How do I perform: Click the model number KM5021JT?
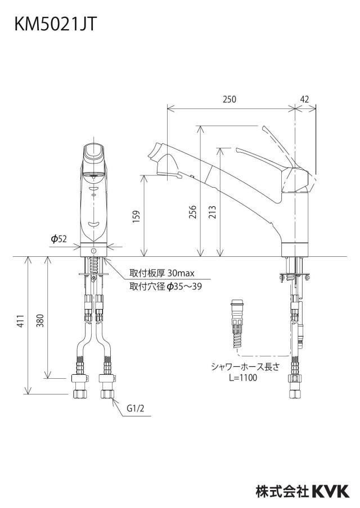coord(56,24)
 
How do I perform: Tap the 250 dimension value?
coord(229,99)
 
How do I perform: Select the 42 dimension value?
coord(304,99)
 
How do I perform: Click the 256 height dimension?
coord(192,212)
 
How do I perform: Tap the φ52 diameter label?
coord(58,239)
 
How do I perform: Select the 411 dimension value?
coord(20,321)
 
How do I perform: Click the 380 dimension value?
coord(39,321)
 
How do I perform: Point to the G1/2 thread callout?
coord(135,408)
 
